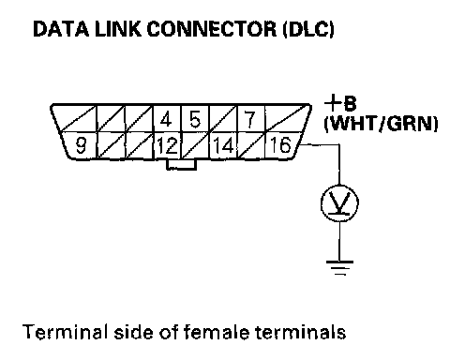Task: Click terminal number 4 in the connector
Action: click(167, 119)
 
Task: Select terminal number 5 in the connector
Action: click(195, 119)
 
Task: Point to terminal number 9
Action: click(81, 145)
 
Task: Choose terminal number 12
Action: click(167, 145)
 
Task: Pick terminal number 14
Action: click(223, 145)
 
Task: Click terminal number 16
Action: click(280, 145)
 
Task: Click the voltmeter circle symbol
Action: click(339, 203)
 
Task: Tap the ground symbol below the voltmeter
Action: click(339, 268)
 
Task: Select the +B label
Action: click(340, 103)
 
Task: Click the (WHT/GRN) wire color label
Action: click(381, 124)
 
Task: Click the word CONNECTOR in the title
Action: click(212, 29)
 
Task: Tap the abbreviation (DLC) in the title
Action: click(308, 29)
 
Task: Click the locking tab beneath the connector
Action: click(181, 165)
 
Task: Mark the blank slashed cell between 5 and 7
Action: click(223, 119)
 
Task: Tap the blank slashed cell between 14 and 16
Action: click(251, 145)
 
